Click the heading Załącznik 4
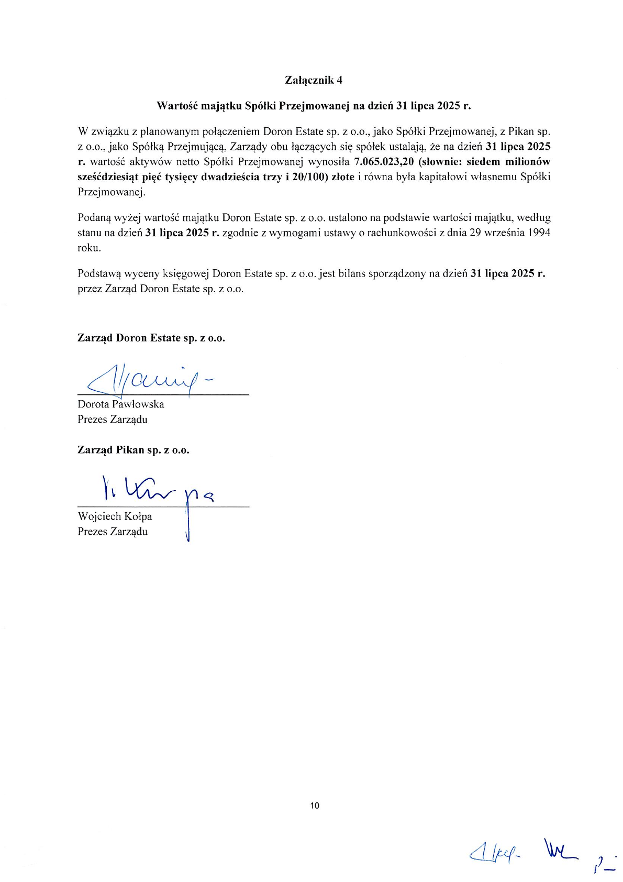click(314, 80)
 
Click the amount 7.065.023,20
click(384, 162)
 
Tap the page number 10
click(315, 806)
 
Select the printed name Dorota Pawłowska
click(121, 404)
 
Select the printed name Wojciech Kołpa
click(115, 516)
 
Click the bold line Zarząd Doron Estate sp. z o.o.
click(151, 338)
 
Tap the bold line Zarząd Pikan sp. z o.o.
click(133, 450)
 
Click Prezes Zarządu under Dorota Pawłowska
click(113, 420)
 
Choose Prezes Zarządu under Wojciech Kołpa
click(113, 532)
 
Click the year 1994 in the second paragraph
click(539, 233)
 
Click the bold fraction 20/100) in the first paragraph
click(309, 177)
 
